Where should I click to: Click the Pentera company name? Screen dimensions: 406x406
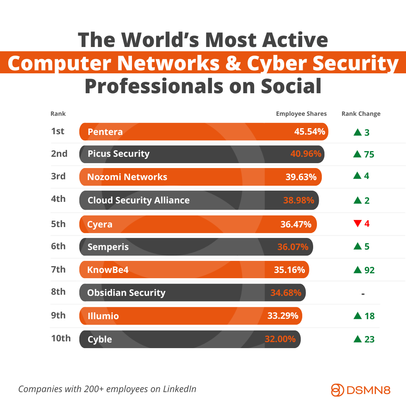[x=105, y=132]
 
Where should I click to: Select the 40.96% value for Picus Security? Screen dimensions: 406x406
[x=306, y=154]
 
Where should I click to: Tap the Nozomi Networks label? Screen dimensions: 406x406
[x=127, y=177]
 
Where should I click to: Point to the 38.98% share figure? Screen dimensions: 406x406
[x=298, y=200]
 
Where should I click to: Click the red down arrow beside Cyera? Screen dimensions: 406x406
[x=357, y=224]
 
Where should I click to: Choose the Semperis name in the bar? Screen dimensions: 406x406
[x=108, y=247]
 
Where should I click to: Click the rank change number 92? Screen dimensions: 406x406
[x=370, y=270]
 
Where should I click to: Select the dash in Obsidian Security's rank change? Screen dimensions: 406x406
[x=363, y=294]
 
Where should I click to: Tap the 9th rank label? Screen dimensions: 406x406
[x=58, y=315]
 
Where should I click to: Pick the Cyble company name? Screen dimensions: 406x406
[x=100, y=339]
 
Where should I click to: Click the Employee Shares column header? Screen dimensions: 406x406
[x=301, y=114]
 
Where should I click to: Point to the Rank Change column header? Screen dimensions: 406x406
[x=361, y=114]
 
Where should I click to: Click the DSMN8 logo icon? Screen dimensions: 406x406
[x=337, y=390]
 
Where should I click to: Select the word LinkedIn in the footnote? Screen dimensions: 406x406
[x=180, y=389]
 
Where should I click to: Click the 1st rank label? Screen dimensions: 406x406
[x=58, y=131]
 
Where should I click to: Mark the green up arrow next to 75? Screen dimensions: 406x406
[x=357, y=154]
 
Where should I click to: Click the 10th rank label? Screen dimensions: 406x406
[x=61, y=338]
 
